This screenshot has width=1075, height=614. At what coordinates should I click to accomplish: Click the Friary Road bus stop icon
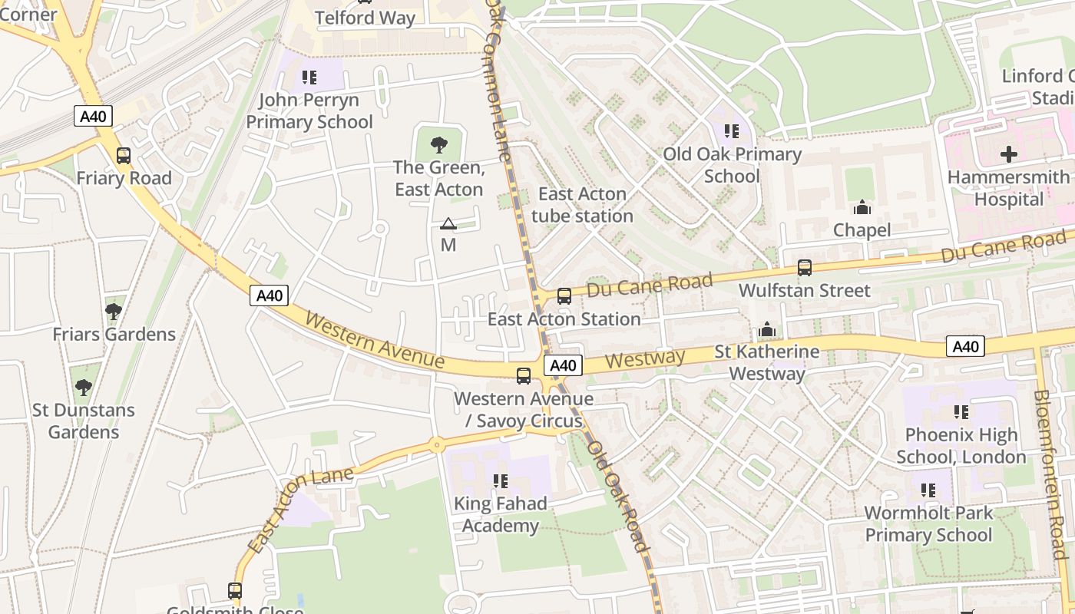pos(123,156)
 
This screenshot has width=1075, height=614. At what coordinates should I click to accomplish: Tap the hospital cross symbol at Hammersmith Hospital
pos(1008,154)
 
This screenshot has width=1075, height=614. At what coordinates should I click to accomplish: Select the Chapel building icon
pos(862,207)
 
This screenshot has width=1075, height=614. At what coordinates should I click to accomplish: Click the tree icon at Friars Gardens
pos(114,311)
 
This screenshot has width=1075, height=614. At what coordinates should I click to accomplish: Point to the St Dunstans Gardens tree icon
pos(83,387)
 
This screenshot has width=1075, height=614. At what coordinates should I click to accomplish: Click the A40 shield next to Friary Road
pos(94,117)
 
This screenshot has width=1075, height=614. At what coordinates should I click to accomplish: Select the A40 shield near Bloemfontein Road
pos(965,347)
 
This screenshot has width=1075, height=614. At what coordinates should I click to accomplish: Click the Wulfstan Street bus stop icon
pos(804,268)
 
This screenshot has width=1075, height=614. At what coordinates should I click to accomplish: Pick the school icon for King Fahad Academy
pos(501,481)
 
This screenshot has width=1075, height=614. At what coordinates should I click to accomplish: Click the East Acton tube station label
pos(582,205)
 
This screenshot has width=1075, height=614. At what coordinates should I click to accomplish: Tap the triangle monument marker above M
pos(448,224)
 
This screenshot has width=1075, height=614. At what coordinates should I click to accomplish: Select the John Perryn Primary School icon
pos(309,77)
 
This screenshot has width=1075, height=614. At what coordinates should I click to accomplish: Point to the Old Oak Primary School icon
pos(732,131)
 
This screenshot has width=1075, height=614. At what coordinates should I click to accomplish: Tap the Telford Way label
pos(365,18)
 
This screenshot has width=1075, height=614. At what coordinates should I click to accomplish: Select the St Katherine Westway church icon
pos(767,330)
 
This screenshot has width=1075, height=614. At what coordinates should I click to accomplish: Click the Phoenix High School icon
pos(961,412)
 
